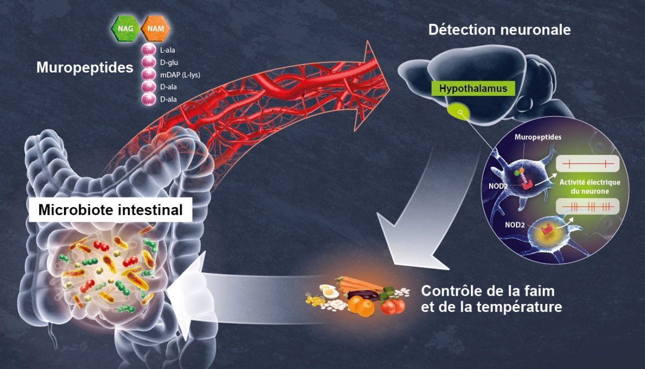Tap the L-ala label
point(169,51)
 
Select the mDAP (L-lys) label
point(180,75)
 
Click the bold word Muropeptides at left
point(84,68)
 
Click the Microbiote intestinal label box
point(111,209)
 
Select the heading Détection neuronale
point(499,30)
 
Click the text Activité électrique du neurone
point(590,186)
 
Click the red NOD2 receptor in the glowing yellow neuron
point(548,231)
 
